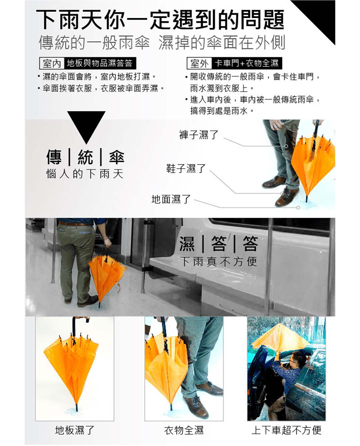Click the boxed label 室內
point(52,63)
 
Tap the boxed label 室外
point(199,63)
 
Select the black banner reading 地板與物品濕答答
point(100,63)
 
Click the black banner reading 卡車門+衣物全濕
point(247,63)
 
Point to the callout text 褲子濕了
point(199,135)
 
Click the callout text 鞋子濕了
point(186,168)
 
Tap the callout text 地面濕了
point(171,199)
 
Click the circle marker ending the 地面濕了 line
point(298,207)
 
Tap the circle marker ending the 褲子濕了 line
point(286,146)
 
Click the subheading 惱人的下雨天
point(85,174)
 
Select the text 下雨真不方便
point(219,262)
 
